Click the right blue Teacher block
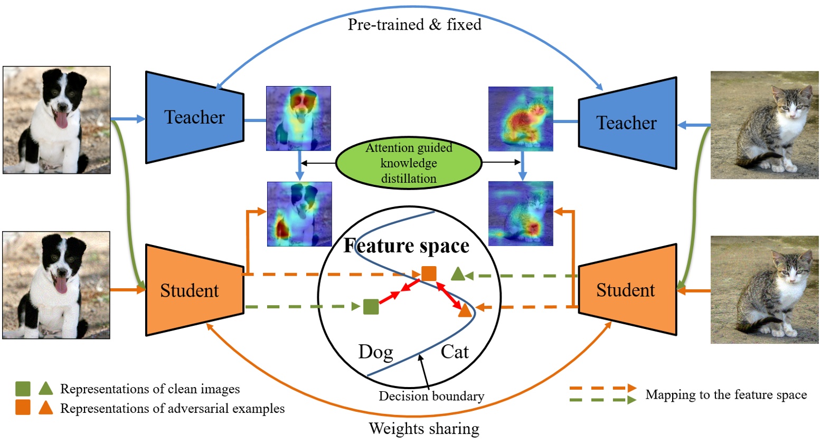[627, 123]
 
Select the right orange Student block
[627, 290]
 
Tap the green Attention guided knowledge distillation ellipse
[409, 163]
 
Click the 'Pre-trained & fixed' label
[414, 24]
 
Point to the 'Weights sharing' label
[424, 428]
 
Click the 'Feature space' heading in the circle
[407, 246]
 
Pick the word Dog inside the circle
[375, 352]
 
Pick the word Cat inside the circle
[455, 352]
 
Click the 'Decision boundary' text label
[431, 396]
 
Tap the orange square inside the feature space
[429, 274]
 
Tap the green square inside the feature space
[371, 306]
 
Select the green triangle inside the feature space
[458, 274]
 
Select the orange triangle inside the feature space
[465, 310]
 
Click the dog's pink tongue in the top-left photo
[62, 121]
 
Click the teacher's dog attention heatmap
[298, 118]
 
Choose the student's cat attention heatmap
[521, 213]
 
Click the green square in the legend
[23, 389]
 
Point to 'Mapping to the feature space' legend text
[726, 395]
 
